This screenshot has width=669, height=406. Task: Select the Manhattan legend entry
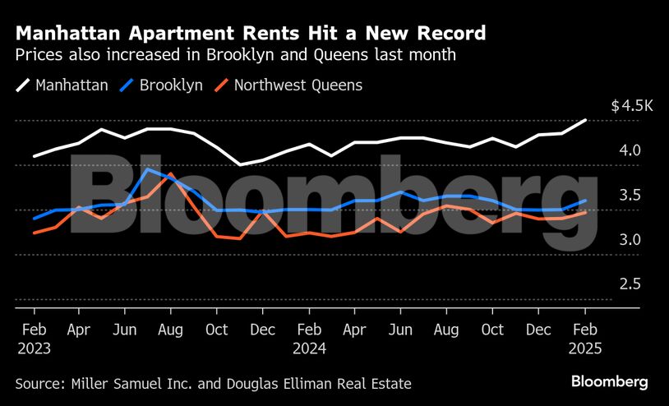click(x=72, y=85)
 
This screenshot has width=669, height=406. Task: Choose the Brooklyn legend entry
click(x=171, y=85)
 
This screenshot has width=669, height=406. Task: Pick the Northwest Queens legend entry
click(x=298, y=85)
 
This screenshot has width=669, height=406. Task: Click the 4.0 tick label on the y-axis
click(x=630, y=150)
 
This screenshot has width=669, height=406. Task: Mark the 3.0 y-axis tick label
click(x=630, y=240)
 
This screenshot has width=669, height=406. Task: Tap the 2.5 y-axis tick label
click(x=630, y=284)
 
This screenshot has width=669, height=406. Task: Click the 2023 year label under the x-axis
click(x=34, y=348)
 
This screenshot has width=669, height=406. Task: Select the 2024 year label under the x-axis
click(x=309, y=348)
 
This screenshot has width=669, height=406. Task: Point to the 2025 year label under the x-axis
click(x=584, y=348)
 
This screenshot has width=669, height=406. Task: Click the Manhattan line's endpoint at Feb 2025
click(x=585, y=120)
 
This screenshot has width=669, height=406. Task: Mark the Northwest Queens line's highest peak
click(x=169, y=174)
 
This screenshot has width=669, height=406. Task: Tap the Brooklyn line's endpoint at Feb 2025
click(x=585, y=200)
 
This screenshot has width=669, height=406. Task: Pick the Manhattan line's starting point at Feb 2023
click(x=34, y=156)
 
